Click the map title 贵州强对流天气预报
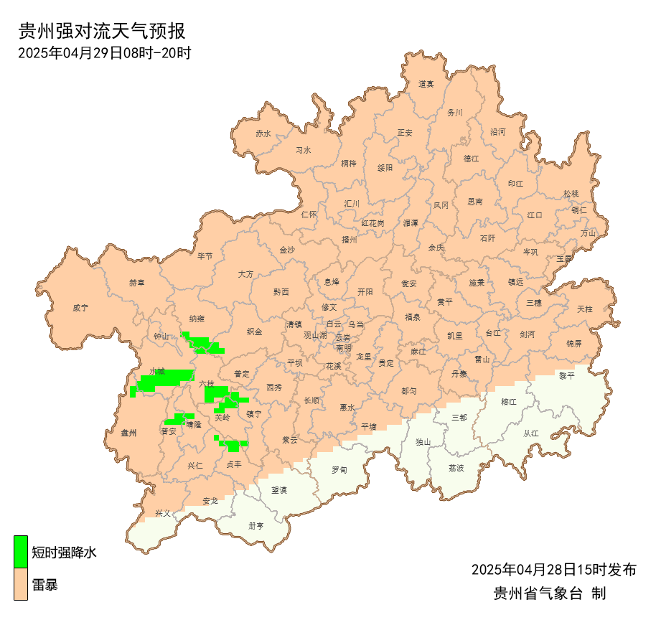coord(101,31)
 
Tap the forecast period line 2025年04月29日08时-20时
coord(104,52)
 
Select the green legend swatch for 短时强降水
coord(21,552)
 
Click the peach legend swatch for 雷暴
coord(21,584)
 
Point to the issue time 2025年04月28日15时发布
coord(553,570)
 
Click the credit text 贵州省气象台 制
coord(550,593)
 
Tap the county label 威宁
coord(80,308)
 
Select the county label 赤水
coord(263,133)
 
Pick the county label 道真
coord(426,84)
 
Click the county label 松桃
coord(571,194)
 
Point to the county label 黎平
coord(567,375)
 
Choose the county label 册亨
coord(256,525)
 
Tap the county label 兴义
coord(163,513)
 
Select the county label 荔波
coord(456,467)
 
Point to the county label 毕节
coord(205,256)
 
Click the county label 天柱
coord(585,309)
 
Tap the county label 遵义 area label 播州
coord(350,240)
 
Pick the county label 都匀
coord(409,391)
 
